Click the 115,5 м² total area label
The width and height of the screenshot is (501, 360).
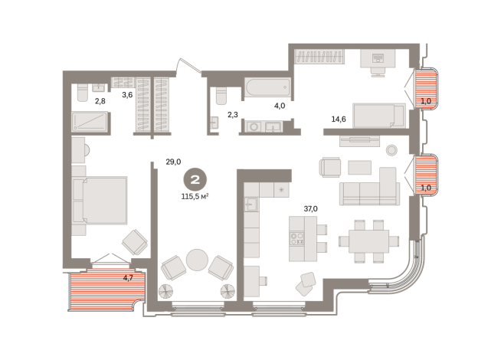pos(195,196)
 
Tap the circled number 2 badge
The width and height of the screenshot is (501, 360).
pos(195,180)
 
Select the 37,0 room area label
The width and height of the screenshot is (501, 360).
pos(310,209)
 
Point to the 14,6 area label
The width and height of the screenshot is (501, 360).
pos(339,119)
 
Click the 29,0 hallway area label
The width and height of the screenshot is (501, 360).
pos(173,162)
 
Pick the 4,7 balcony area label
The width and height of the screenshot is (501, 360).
pos(128,278)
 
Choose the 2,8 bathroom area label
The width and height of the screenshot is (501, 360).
pos(100,101)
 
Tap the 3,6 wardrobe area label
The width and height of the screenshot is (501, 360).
pos(127,95)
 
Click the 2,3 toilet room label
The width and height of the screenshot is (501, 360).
pos(233,115)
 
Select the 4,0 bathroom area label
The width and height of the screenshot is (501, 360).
pos(280,106)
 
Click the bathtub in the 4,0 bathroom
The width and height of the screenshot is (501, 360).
pos(268,87)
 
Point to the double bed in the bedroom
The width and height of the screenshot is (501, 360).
pos(100,200)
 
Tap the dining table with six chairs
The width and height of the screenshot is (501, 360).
pos(368,241)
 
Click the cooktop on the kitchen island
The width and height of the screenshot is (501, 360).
pos(296,239)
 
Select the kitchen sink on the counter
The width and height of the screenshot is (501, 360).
pos(251,204)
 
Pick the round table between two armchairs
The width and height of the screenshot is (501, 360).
pos(197,260)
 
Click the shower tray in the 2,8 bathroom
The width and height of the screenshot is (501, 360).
pos(90,122)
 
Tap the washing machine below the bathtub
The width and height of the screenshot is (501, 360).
pos(254,127)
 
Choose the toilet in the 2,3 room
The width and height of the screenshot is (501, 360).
pos(221,96)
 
